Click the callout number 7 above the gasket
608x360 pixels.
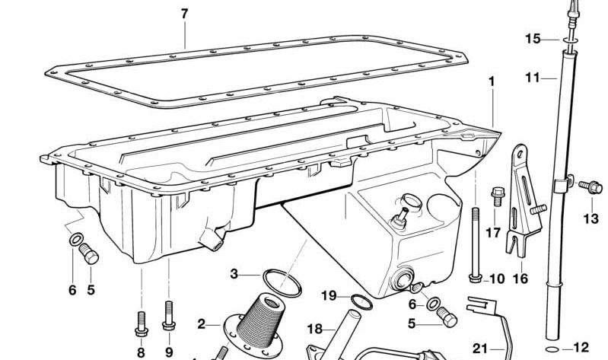tap(184, 14)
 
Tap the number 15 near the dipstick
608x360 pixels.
tap(533, 39)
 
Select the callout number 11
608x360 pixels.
tap(533, 78)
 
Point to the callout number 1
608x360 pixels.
tap(492, 81)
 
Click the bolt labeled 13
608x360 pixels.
tap(591, 187)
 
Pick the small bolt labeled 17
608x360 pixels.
tap(498, 196)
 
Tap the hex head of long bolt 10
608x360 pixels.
tap(475, 278)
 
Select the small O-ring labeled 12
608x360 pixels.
tap(552, 349)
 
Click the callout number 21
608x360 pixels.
tap(479, 349)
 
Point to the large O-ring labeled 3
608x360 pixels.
tap(282, 283)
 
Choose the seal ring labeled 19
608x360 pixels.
tap(361, 302)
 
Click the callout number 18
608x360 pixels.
tap(314, 329)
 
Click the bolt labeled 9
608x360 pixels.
tap(169, 315)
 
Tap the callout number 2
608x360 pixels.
tap(201, 324)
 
